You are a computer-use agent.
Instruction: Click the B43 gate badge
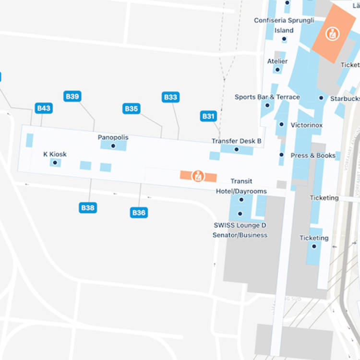(44, 108)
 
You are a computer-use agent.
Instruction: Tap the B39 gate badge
(72, 96)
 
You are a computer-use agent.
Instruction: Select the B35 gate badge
(132, 108)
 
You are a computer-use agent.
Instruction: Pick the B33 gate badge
(170, 97)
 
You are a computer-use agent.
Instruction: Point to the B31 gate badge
(208, 116)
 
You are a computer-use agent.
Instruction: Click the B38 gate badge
(88, 208)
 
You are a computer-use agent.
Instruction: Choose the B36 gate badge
(138, 212)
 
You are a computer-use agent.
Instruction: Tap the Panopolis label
(113, 137)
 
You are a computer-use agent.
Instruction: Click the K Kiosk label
(55, 154)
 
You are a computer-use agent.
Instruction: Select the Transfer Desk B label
(236, 141)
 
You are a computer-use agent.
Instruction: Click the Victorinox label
(307, 125)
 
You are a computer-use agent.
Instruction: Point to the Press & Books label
(313, 156)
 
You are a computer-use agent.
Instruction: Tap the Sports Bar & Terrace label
(267, 97)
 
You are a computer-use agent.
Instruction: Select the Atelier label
(277, 61)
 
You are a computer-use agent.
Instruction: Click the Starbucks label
(345, 99)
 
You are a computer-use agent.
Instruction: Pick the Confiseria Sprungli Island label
(284, 25)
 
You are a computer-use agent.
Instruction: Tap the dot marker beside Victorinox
(282, 124)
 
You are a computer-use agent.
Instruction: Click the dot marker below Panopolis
(113, 146)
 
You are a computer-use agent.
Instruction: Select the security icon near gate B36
(198, 176)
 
